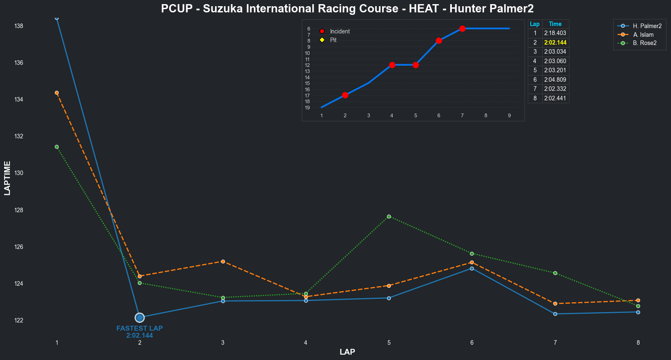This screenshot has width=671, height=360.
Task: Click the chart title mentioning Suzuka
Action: [347, 8]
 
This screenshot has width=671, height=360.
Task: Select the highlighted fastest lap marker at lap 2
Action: [139, 317]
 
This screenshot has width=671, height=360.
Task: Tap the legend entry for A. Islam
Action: [643, 35]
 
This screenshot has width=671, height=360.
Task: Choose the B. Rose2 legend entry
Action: [645, 43]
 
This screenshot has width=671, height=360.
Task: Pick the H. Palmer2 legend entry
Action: [647, 26]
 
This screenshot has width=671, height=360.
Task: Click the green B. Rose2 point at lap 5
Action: [389, 216]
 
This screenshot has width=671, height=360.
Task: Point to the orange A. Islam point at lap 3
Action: [223, 261]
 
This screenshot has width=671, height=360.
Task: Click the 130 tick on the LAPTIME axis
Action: [19, 173]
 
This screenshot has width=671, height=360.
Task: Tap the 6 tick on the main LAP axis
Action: [472, 343]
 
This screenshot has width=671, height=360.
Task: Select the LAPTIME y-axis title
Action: [7, 178]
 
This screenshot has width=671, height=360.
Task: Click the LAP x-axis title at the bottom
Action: [347, 352]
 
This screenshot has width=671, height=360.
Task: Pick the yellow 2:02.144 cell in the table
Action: [555, 43]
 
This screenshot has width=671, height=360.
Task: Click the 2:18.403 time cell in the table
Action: [555, 33]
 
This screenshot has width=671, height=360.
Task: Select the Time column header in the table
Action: [555, 24]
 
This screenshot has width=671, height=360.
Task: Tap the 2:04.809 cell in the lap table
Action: [555, 80]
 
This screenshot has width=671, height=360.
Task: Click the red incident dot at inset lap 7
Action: [462, 28]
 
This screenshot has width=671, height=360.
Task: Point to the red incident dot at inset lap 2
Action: [345, 95]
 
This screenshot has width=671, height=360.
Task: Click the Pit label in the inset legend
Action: [333, 40]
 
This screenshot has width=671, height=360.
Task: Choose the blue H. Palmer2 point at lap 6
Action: [472, 268]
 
